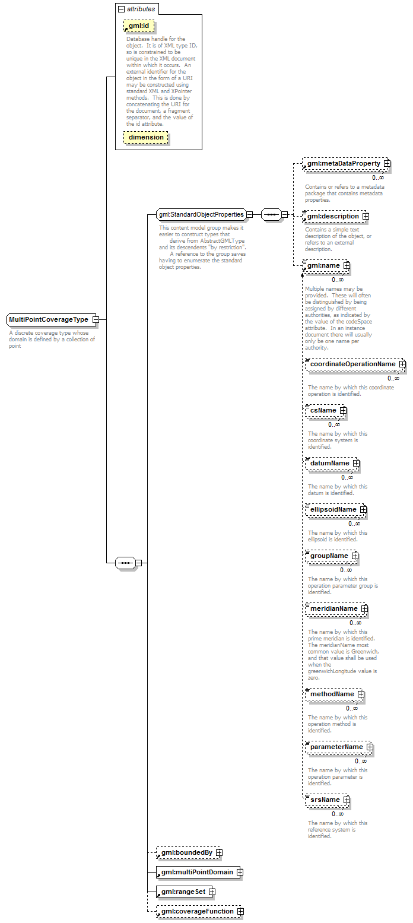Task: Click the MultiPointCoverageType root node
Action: pyautogui.click(x=49, y=319)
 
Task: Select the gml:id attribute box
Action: pyautogui.click(x=138, y=26)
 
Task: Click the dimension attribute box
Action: pyautogui.click(x=146, y=137)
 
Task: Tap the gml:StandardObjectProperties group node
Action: pyautogui.click(x=201, y=214)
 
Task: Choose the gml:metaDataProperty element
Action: pyautogui.click(x=344, y=163)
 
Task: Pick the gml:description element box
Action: pyautogui.click(x=333, y=216)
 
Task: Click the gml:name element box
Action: pyautogui.click(x=323, y=265)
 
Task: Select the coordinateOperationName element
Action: pyautogui.click(x=352, y=364)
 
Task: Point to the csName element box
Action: pyautogui.click(x=323, y=410)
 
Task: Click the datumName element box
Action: pyautogui.click(x=330, y=463)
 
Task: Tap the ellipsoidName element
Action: pyautogui.click(x=333, y=509)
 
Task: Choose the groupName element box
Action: pyautogui.click(x=329, y=556)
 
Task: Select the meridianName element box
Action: pyautogui.click(x=334, y=608)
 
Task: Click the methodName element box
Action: pyautogui.click(x=332, y=694)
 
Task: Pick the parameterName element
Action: pyautogui.click(x=336, y=747)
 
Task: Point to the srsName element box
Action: pyautogui.click(x=325, y=800)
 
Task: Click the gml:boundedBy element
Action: pyautogui.click(x=186, y=853)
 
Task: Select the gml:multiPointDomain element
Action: pyautogui.click(x=197, y=872)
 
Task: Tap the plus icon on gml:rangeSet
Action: pyautogui.click(x=211, y=892)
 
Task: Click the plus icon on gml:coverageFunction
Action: pyautogui.click(x=240, y=911)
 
